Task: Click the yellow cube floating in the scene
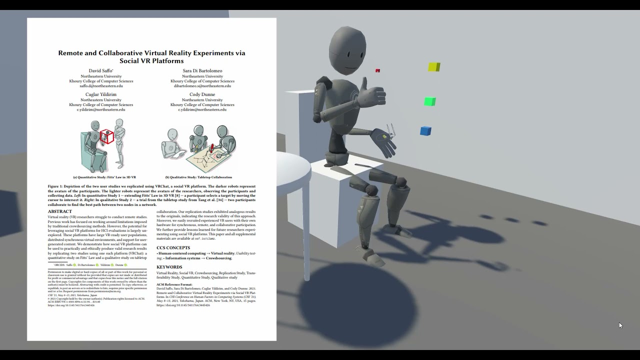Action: click(x=434, y=67)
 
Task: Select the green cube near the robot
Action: click(x=429, y=102)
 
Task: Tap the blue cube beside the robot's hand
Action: click(x=425, y=131)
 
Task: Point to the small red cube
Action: click(x=377, y=71)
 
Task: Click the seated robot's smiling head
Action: click(x=347, y=50)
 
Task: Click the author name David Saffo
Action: click(x=101, y=71)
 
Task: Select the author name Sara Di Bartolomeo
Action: click(x=202, y=71)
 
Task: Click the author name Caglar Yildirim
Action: click(x=101, y=94)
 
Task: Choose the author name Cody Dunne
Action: click(x=202, y=94)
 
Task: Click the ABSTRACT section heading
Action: click(x=60, y=211)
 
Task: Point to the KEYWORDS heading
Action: click(x=169, y=267)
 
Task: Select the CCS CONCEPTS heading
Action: click(x=173, y=247)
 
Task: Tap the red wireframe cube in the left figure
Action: click(x=106, y=136)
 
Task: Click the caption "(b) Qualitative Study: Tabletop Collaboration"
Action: click(x=198, y=177)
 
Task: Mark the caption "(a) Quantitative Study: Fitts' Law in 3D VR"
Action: click(x=104, y=177)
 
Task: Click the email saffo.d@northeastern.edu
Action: click(x=101, y=86)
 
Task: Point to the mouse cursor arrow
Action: click(x=620, y=325)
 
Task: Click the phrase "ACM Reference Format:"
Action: click(x=174, y=284)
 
